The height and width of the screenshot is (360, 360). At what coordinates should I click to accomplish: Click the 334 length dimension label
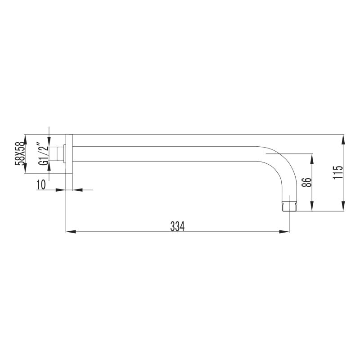point(177,226)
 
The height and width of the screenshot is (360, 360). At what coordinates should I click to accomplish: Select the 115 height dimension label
point(339,173)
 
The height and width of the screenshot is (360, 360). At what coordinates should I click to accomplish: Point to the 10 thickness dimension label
point(42,184)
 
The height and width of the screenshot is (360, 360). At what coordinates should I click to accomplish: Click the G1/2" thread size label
point(43,154)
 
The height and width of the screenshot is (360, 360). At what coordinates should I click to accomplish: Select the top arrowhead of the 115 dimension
point(343,139)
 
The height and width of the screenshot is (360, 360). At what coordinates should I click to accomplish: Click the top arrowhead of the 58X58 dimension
point(26,139)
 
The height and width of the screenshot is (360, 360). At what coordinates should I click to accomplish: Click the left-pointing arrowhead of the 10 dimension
point(77,190)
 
